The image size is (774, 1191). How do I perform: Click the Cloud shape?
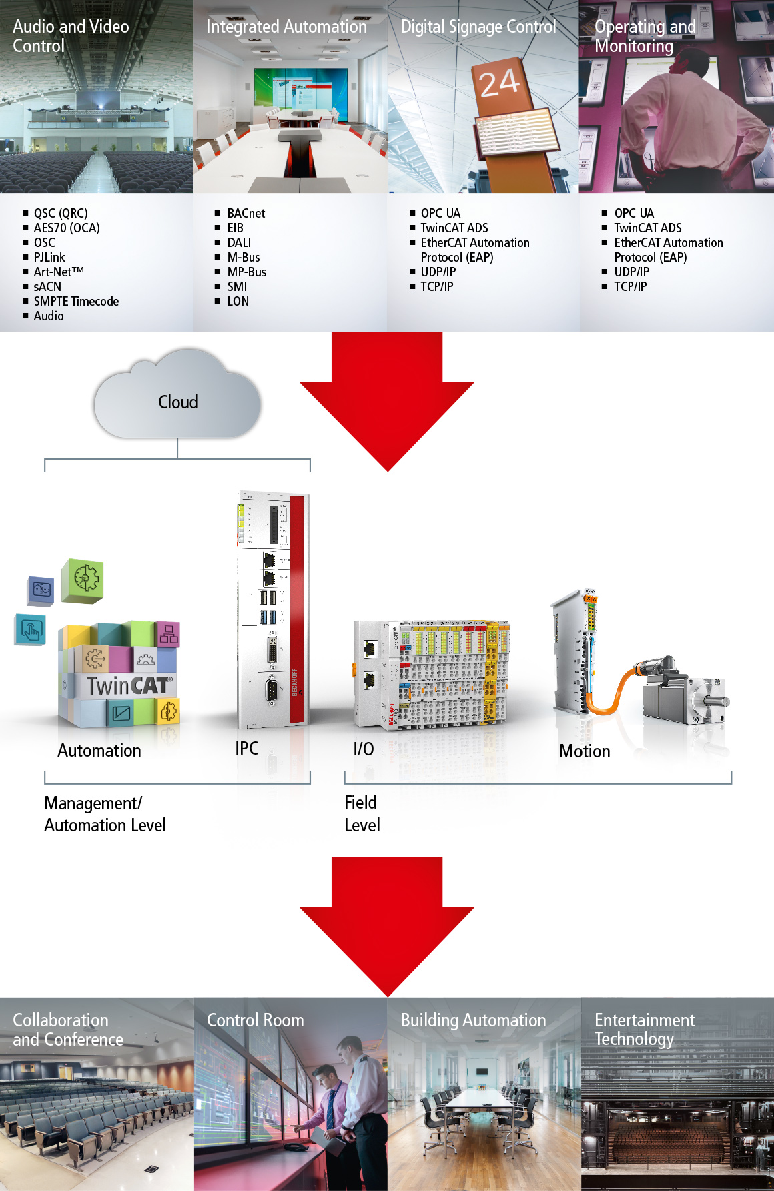(x=177, y=401)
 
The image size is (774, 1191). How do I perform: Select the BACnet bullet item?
(x=246, y=214)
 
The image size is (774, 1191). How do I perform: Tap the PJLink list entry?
(x=49, y=258)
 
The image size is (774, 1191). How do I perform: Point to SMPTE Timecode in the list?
(x=76, y=302)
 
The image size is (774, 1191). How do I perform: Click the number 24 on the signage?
(x=499, y=83)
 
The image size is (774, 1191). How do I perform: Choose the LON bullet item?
(x=238, y=302)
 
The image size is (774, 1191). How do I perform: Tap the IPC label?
(x=246, y=749)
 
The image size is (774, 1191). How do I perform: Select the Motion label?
(x=585, y=751)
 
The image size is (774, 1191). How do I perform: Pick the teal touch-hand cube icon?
(x=31, y=629)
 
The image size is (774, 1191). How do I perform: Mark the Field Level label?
(x=362, y=813)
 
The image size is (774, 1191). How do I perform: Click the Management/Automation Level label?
(x=105, y=814)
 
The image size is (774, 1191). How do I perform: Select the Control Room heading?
(x=255, y=1020)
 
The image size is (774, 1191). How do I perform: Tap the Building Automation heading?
(x=473, y=1020)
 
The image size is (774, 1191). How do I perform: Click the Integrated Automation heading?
(x=286, y=27)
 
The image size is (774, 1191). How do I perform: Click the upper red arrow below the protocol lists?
(x=387, y=400)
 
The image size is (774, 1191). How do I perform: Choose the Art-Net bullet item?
(x=59, y=272)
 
